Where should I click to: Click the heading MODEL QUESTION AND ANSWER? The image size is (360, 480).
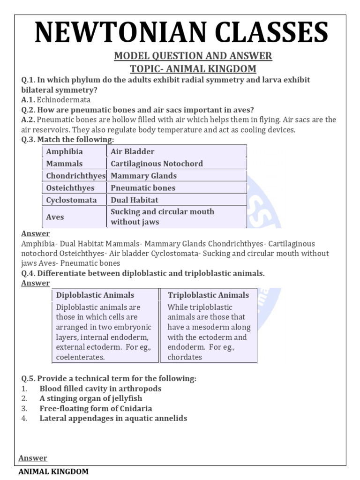tap(193, 56)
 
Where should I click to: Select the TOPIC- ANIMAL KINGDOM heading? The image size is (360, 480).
tap(193, 69)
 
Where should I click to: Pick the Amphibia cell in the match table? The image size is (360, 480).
tap(64, 151)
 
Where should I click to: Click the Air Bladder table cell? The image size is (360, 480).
tap(133, 151)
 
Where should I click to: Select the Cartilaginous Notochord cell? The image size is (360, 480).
tap(157, 164)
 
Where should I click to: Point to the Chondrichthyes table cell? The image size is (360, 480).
tap(75, 176)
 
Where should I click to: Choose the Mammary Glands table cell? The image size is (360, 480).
tap(143, 176)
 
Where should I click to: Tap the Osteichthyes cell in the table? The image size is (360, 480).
tap(70, 188)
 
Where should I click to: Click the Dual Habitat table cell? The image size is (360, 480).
tap(135, 200)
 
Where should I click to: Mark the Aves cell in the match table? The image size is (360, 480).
tap(55, 217)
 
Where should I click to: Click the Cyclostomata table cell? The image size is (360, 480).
tap(72, 200)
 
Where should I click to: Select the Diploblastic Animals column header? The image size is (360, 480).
tap(95, 295)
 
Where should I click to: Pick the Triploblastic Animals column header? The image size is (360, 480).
tap(208, 295)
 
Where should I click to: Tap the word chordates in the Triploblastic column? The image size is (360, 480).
tap(185, 357)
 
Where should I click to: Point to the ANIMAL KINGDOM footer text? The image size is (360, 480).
tap(53, 472)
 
